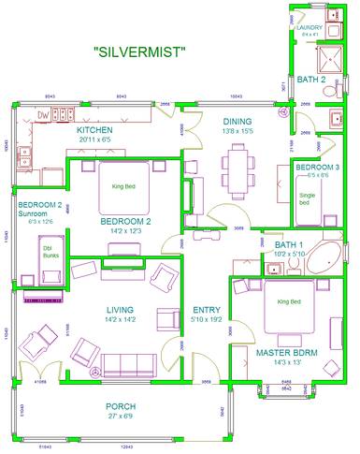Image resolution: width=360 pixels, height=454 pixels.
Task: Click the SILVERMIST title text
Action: tap(140, 52)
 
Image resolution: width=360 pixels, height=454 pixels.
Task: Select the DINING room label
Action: tap(238, 122)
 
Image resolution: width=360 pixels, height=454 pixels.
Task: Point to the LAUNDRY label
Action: tap(309, 28)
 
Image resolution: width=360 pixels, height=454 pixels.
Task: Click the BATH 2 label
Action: tap(311, 81)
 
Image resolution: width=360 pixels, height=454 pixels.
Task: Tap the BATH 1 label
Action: tap(279, 244)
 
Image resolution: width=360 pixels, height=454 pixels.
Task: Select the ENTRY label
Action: tap(206, 310)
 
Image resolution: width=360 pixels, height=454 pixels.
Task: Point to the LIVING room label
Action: tap(119, 310)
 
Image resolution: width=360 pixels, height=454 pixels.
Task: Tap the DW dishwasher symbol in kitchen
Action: tap(42, 114)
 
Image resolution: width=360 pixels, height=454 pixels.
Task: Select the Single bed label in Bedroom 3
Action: tap(306, 198)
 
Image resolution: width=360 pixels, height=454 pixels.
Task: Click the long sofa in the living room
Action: tap(128, 363)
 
